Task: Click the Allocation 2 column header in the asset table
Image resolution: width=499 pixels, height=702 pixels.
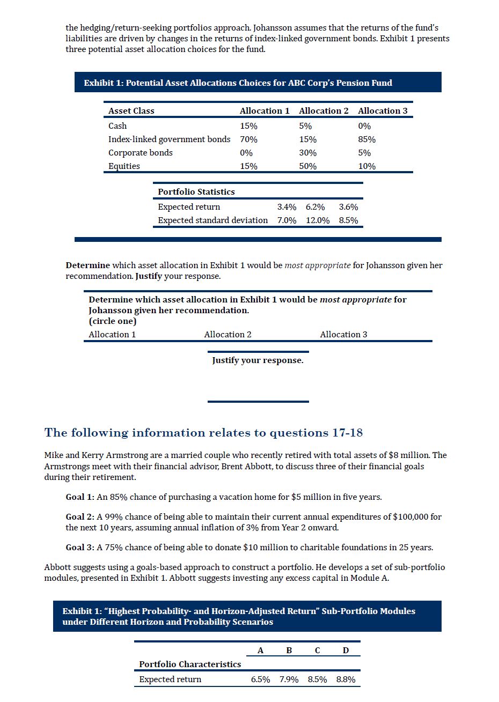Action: coord(324,110)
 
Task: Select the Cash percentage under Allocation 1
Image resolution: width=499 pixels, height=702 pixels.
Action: coord(248,126)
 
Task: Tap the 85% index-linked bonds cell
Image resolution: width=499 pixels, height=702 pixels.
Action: coord(367,139)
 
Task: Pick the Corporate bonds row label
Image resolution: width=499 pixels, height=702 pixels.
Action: coord(141,153)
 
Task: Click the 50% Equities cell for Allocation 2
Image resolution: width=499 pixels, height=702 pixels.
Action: coord(307,166)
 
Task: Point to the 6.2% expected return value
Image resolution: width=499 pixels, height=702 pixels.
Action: coord(315,207)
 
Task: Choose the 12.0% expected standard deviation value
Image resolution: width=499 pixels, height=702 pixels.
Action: coord(318,220)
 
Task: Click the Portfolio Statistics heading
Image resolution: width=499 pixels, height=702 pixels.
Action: coord(196,192)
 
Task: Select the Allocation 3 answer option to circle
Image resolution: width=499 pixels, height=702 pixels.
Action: coord(343,335)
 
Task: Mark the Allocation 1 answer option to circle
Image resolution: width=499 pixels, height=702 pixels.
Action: coord(112,335)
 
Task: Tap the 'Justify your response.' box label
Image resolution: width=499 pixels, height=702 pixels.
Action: coord(258,360)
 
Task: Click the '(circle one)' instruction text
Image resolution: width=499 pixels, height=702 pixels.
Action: coord(113,321)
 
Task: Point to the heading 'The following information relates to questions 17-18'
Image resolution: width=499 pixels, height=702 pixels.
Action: coord(203,433)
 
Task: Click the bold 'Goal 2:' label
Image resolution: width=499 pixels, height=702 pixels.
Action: coord(80,517)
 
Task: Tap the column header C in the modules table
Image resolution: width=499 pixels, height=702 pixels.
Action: coord(317,651)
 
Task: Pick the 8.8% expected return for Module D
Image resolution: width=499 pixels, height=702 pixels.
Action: coord(346,679)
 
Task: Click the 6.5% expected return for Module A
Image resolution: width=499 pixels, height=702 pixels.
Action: coord(261,679)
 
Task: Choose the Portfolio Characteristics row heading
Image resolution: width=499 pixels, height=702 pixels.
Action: coord(190,664)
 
